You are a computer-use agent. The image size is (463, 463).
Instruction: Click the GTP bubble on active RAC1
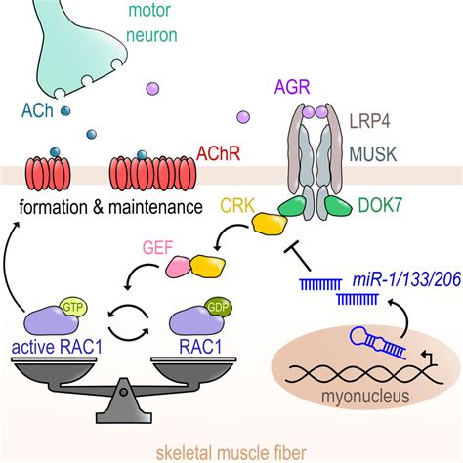click(74, 308)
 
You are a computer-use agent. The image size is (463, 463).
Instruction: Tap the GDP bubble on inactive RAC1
click(219, 308)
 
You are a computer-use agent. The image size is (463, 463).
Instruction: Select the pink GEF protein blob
click(179, 267)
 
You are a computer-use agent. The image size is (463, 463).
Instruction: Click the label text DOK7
click(380, 205)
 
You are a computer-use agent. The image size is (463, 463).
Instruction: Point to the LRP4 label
click(370, 122)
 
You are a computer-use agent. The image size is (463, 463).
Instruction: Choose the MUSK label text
click(373, 154)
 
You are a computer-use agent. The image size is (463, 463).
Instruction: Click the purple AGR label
click(292, 87)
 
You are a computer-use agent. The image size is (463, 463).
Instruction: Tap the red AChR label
click(219, 153)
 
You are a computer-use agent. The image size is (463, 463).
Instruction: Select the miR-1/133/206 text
click(406, 279)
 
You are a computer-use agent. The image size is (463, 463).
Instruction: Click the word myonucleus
click(365, 397)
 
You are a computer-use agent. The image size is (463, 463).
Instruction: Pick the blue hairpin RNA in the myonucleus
click(377, 343)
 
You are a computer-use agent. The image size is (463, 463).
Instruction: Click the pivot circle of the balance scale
click(123, 392)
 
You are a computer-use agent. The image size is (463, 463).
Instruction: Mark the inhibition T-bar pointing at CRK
click(298, 257)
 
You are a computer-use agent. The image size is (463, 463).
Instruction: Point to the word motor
click(149, 10)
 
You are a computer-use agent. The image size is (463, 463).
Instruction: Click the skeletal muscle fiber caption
click(231, 453)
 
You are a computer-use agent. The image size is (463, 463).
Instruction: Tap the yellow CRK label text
click(237, 206)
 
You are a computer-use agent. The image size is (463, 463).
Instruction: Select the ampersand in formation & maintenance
click(98, 207)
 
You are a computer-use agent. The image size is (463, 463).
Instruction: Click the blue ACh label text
click(37, 110)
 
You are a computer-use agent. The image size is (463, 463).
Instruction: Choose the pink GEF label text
click(157, 247)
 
